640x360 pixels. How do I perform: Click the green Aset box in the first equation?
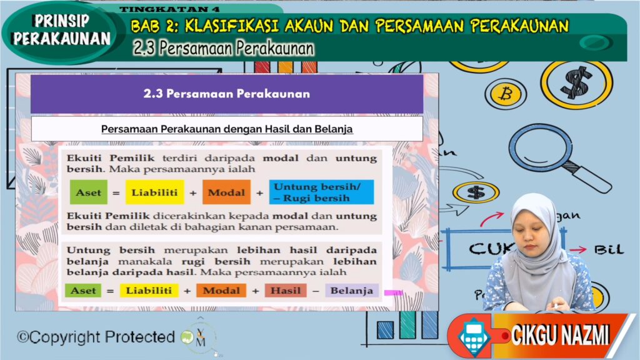[x=89, y=192]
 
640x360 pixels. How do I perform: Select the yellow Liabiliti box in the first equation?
[x=155, y=192]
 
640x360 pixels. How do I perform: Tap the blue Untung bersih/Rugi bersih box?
[x=321, y=192]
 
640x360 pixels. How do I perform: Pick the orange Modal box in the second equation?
[x=221, y=291]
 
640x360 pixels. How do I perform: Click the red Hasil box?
[x=286, y=291]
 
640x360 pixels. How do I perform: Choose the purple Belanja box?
[x=352, y=291]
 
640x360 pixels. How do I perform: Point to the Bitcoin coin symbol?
[x=506, y=94]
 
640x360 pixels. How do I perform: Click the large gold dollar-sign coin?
[x=576, y=83]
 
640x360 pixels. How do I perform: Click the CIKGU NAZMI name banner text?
[x=560, y=336]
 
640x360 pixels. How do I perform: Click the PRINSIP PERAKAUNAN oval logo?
[x=61, y=32]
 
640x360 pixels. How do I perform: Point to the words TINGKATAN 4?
[x=169, y=9]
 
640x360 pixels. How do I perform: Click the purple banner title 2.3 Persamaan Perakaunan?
[x=226, y=94]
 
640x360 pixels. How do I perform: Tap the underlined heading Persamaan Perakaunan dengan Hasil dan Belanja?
[x=227, y=129]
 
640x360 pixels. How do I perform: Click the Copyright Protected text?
[x=96, y=337]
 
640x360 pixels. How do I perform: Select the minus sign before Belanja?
[x=316, y=291]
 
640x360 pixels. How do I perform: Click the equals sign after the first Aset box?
[x=116, y=192]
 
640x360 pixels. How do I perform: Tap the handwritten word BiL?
[x=609, y=249]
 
